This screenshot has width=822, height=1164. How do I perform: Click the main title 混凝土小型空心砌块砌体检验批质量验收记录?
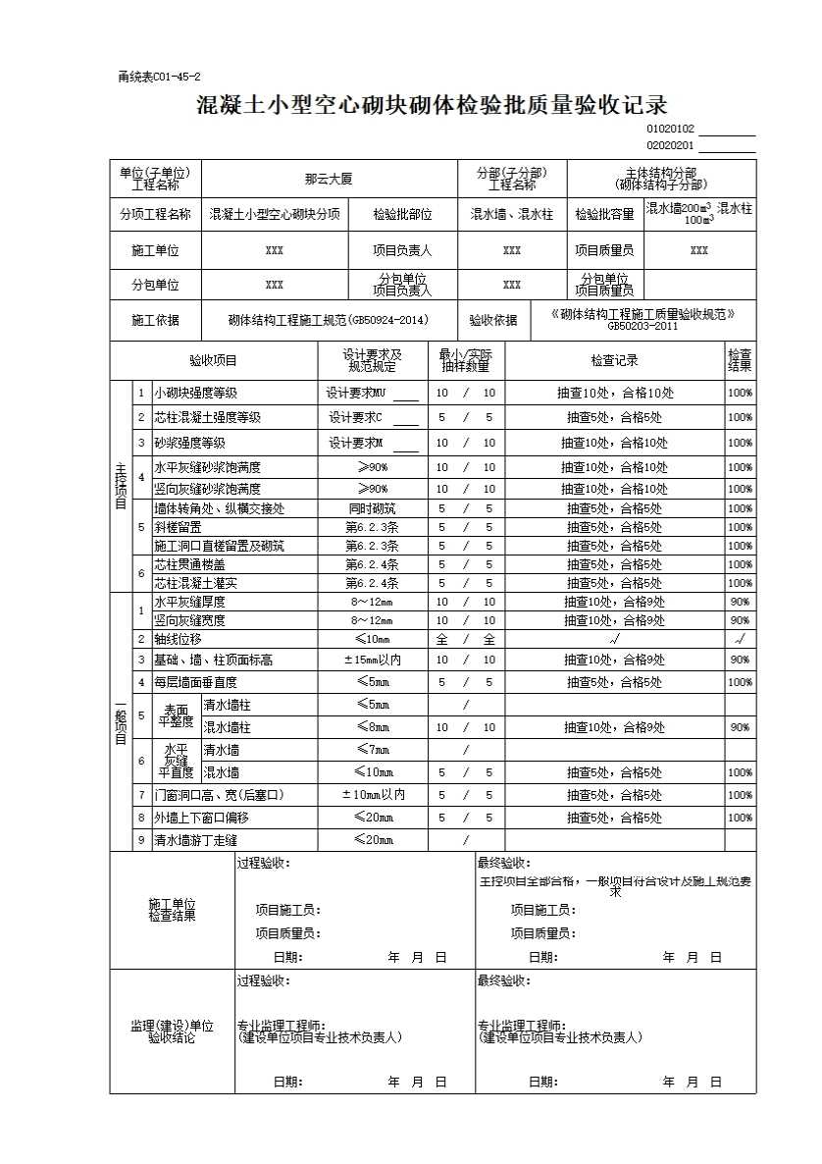click(432, 105)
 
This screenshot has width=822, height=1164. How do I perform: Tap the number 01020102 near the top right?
click(671, 129)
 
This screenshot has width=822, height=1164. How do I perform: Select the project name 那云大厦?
click(329, 180)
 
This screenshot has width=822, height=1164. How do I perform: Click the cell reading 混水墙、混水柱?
click(511, 214)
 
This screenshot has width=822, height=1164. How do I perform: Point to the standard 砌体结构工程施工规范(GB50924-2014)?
click(328, 320)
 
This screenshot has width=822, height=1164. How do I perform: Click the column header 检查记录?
click(615, 360)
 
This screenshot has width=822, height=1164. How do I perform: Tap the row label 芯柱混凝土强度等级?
click(207, 417)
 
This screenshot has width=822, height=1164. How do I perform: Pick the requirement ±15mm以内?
click(372, 660)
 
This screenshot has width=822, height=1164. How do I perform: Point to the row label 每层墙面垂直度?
click(195, 682)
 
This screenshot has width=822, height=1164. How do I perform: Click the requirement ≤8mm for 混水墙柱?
click(372, 727)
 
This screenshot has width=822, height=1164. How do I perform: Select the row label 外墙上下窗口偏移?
click(201, 818)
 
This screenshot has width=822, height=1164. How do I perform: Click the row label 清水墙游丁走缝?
click(195, 840)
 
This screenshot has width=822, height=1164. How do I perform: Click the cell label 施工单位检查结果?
click(172, 910)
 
